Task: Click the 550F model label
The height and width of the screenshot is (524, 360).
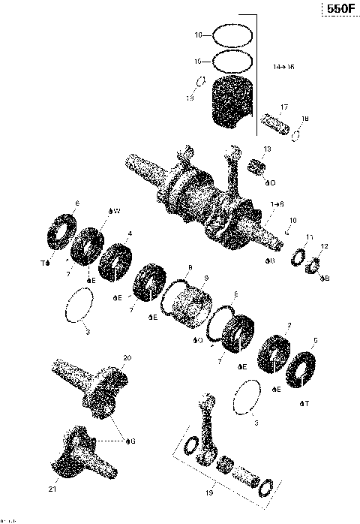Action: click(337, 10)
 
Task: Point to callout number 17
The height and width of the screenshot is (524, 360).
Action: click(285, 107)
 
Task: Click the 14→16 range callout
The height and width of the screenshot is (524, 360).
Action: click(284, 67)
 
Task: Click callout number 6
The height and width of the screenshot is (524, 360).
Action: click(77, 203)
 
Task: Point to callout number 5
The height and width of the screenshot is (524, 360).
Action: click(315, 340)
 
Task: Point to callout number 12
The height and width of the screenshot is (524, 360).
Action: click(325, 247)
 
